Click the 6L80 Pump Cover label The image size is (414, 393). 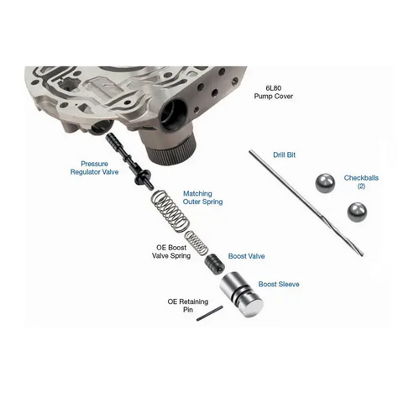click(274, 92)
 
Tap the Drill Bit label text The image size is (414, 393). click(284, 155)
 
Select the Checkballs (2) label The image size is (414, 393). click(361, 181)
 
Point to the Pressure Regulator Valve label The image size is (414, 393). click(94, 168)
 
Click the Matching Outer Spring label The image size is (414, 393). click(202, 197)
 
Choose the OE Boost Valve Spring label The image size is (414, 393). click(171, 252)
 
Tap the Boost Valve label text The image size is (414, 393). click(246, 256)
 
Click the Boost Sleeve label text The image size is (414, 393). click(279, 285)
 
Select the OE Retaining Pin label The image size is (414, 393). click(188, 306)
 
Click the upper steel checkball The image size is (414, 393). click(325, 183)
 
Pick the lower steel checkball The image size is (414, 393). click(357, 212)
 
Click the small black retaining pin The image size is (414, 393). click(210, 313)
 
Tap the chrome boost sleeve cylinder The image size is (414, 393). click(241, 295)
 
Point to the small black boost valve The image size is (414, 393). click(214, 263)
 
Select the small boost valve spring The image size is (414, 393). click(197, 242)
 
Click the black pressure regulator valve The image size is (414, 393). click(129, 161)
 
